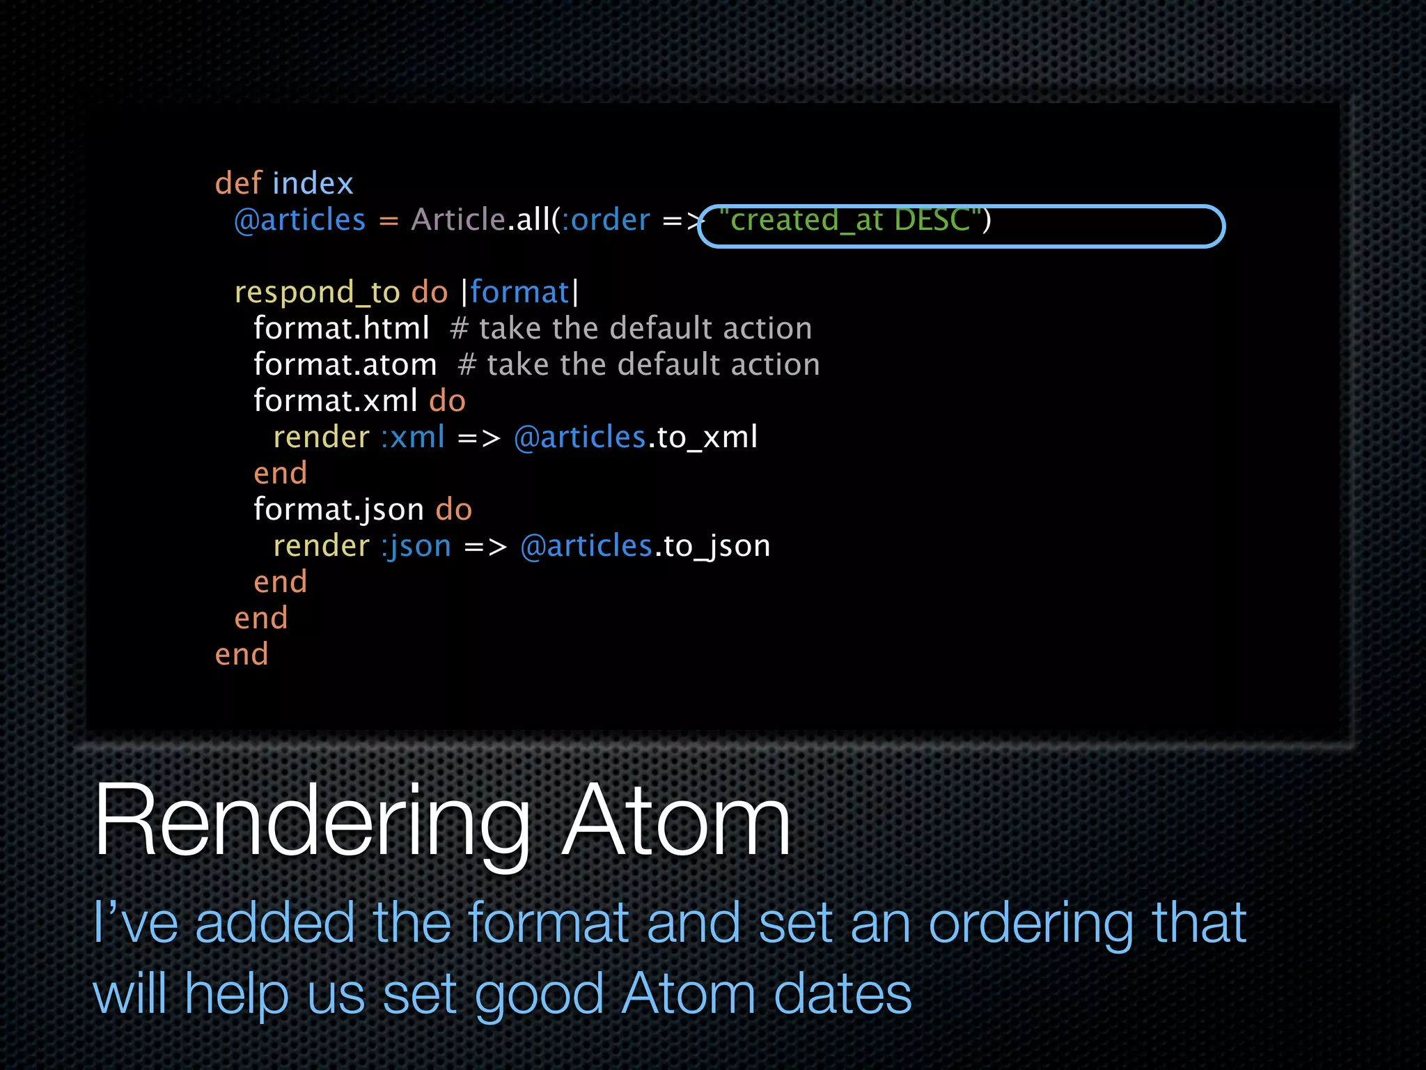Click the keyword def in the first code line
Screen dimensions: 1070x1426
[x=238, y=183]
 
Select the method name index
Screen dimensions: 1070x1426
[x=313, y=183]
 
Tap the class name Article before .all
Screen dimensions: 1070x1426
[x=457, y=219]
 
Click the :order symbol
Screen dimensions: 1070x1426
[x=606, y=220]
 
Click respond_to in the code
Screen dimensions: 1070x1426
[x=317, y=293]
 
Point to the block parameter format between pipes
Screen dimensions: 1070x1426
[x=519, y=293]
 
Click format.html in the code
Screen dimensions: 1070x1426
[x=341, y=328]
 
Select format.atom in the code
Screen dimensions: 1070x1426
[x=345, y=364]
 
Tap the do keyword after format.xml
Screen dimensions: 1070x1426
[x=447, y=401]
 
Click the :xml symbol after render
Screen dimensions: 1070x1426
[x=413, y=437]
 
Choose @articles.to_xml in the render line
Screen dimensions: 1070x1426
[x=635, y=437]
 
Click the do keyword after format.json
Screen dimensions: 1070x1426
[x=454, y=510]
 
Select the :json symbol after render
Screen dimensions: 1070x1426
[x=416, y=546]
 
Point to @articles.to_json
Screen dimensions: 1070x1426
[x=645, y=546]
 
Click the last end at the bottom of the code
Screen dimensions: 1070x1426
[x=242, y=655]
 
